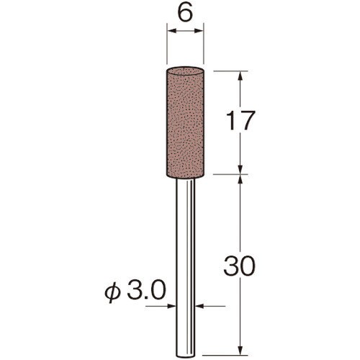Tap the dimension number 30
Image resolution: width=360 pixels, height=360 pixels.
(238, 266)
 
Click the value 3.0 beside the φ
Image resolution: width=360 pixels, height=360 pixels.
(146, 290)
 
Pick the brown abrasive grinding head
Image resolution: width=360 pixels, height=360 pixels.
(185, 122)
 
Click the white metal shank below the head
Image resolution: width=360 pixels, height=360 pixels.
(185, 269)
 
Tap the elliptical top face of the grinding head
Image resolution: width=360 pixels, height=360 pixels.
(185, 71)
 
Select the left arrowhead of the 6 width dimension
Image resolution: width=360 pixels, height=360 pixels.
(172, 31)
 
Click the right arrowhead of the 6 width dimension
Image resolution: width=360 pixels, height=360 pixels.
(198, 31)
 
